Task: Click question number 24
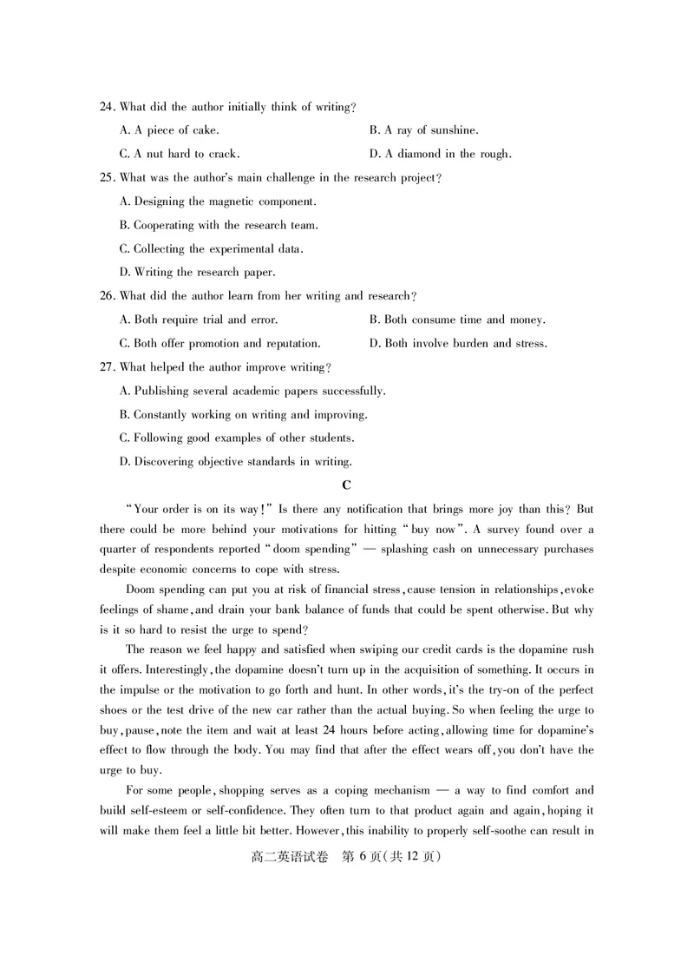point(107,107)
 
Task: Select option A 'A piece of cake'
point(169,130)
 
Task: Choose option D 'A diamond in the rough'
point(440,155)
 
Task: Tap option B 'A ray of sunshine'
point(423,130)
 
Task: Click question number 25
point(107,178)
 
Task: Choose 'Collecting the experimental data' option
point(211,249)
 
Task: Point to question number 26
point(107,296)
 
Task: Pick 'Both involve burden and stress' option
point(458,343)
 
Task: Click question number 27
point(107,367)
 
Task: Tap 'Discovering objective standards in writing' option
point(236,461)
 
